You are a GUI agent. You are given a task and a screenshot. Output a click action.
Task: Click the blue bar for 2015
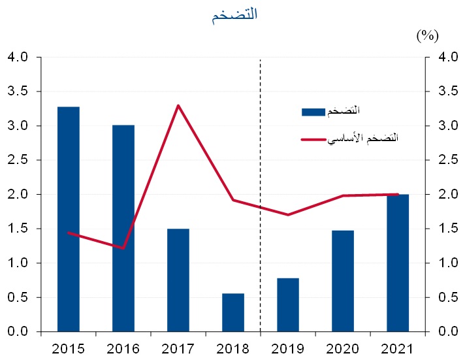(x=69, y=219)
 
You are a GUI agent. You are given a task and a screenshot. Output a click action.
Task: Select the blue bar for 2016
(x=123, y=228)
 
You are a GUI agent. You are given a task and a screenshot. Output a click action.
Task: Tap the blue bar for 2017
(x=178, y=280)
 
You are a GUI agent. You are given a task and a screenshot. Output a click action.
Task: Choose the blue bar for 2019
(x=288, y=304)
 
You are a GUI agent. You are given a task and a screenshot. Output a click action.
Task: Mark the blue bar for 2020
(x=343, y=281)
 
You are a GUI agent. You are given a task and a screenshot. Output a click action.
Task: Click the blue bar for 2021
(x=398, y=263)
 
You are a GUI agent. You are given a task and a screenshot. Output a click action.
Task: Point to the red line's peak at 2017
(x=178, y=105)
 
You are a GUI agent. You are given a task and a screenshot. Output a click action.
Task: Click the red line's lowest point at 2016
(x=123, y=248)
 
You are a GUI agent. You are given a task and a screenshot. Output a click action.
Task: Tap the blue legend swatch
(x=313, y=112)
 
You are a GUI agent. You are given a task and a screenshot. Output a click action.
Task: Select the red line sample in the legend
(x=313, y=139)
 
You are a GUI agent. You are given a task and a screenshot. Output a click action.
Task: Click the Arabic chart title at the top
(x=234, y=17)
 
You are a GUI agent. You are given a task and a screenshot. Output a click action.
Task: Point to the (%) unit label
(x=427, y=35)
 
